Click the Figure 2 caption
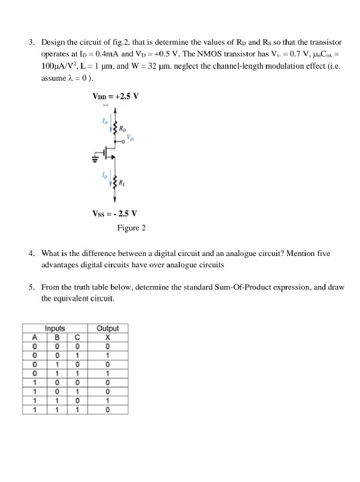pos(131,228)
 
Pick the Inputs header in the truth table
pos(55,328)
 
